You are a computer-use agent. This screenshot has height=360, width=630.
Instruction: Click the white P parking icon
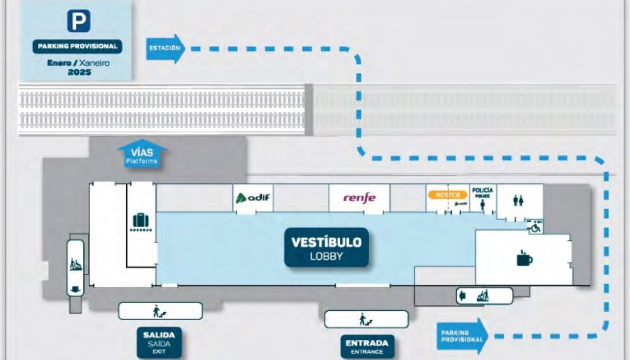(78, 21)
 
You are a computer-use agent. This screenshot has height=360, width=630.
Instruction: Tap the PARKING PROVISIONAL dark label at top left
(77, 47)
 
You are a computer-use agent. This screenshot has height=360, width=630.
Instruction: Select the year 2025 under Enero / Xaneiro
(78, 72)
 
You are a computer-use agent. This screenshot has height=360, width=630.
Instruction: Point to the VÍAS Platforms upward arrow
(142, 153)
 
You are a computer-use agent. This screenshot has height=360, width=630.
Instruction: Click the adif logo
(253, 198)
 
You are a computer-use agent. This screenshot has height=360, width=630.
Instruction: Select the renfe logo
(359, 198)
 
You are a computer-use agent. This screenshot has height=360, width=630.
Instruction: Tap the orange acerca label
(447, 194)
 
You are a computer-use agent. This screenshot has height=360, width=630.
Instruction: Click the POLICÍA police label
(482, 192)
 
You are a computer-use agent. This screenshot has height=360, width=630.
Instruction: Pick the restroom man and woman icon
(518, 201)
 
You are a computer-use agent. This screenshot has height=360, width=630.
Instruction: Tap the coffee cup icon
(524, 258)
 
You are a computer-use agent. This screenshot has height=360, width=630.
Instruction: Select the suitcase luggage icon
(141, 220)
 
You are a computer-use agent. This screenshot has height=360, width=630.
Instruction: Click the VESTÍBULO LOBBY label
(326, 248)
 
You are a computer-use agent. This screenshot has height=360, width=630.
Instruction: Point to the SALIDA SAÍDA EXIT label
(159, 342)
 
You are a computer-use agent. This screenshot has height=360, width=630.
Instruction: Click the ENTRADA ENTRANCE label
(367, 346)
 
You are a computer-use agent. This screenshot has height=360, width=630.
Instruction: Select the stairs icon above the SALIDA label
(160, 311)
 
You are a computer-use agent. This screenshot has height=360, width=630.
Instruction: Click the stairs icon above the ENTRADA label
(366, 319)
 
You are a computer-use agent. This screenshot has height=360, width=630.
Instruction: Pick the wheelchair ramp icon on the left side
(75, 265)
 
